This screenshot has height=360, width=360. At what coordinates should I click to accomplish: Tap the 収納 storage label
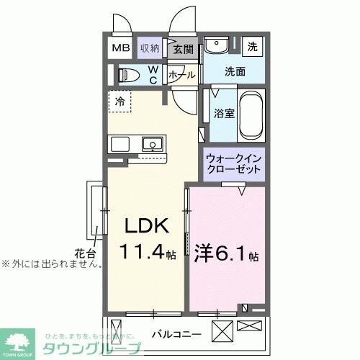tap(149, 48)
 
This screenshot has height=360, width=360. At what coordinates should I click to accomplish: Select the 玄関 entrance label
tap(183, 49)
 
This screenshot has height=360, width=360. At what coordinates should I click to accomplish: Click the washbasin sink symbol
tap(215, 47)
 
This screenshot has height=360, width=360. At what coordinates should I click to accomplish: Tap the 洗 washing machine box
tap(253, 46)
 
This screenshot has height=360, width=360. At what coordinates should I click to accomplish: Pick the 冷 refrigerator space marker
tap(120, 101)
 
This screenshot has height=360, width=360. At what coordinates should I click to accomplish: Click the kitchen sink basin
tap(153, 144)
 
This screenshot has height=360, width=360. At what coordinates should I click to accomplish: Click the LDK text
tap(148, 225)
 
